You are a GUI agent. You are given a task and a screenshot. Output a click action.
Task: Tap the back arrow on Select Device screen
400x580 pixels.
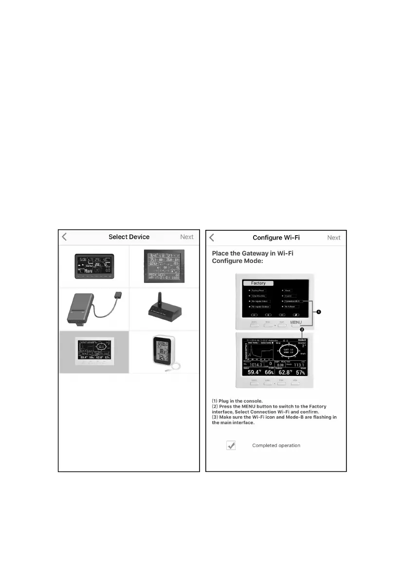click(65, 237)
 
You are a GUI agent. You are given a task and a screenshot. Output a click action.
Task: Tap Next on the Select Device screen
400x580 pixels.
click(187, 237)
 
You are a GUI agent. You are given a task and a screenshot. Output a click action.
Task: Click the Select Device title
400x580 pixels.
click(129, 237)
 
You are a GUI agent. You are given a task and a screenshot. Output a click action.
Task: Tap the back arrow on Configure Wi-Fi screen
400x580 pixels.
click(212, 238)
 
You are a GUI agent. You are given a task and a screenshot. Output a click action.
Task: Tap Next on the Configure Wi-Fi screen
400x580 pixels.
click(334, 238)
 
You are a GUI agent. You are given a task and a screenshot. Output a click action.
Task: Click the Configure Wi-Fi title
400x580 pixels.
click(276, 238)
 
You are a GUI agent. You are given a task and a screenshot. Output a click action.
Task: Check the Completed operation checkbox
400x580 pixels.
click(231, 445)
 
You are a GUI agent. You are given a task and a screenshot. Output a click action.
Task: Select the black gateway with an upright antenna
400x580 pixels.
click(164, 309)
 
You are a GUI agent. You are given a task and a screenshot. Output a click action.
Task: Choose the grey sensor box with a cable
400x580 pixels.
click(93, 309)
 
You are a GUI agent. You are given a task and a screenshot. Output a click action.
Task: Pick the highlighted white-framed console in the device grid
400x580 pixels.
click(93, 352)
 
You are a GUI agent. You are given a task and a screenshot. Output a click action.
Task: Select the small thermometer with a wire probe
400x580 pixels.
click(164, 352)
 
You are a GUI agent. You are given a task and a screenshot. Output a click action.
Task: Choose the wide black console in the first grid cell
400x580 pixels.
click(93, 266)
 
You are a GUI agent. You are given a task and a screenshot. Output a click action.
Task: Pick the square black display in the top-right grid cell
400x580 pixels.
click(164, 266)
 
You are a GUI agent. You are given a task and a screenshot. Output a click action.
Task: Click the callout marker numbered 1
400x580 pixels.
click(320, 312)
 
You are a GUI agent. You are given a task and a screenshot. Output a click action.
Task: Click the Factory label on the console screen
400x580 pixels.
click(258, 283)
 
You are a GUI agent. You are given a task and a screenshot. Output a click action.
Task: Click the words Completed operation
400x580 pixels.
click(276, 446)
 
